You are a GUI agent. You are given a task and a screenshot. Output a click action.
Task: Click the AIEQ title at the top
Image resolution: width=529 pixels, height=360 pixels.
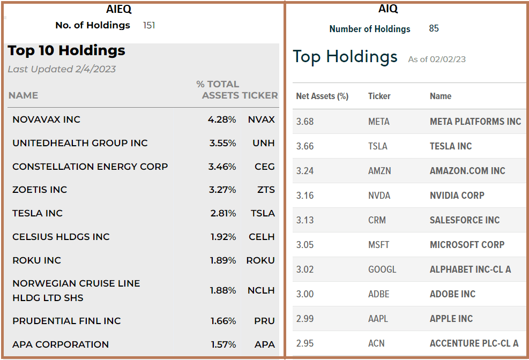[118, 9]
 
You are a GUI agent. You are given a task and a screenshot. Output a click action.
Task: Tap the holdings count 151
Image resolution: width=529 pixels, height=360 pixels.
[149, 25]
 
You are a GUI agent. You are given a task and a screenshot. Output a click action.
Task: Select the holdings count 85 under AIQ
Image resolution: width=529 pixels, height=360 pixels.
[434, 28]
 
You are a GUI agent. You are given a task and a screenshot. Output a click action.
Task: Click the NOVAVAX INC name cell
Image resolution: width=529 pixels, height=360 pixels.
[46, 119]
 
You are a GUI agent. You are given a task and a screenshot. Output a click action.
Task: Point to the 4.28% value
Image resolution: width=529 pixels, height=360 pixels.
[222, 119]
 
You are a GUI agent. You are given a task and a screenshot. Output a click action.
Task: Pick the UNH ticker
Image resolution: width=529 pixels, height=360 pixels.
[264, 143]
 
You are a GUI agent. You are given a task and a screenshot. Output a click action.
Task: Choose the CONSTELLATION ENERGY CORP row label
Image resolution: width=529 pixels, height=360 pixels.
[90, 167]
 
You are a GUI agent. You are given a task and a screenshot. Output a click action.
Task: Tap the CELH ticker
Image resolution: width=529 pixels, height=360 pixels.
[262, 237]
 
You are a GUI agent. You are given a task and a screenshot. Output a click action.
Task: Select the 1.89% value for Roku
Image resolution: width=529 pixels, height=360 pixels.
[222, 260]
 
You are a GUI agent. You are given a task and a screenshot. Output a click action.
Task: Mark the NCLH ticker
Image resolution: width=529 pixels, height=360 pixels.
[261, 290]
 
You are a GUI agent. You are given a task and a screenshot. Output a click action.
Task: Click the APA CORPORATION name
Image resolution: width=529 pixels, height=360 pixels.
[61, 344]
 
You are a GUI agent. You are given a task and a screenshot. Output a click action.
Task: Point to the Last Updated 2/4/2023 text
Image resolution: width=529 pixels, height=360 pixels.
[62, 69]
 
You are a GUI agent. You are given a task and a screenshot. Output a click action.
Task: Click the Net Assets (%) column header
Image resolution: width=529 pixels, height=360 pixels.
[322, 96]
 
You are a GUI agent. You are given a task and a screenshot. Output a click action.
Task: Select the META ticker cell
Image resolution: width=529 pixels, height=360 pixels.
[379, 122]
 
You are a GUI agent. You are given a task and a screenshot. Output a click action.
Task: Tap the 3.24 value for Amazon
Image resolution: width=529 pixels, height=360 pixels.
[305, 171]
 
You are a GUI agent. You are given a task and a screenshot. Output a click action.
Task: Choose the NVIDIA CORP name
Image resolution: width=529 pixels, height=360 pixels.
[457, 196]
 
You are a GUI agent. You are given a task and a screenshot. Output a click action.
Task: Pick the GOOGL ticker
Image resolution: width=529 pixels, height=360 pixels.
[382, 269]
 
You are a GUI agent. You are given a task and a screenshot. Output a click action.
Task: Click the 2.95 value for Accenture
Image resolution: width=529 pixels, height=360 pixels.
[305, 343]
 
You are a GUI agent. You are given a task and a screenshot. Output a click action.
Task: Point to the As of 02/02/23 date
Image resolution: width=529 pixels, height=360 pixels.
[437, 59]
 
